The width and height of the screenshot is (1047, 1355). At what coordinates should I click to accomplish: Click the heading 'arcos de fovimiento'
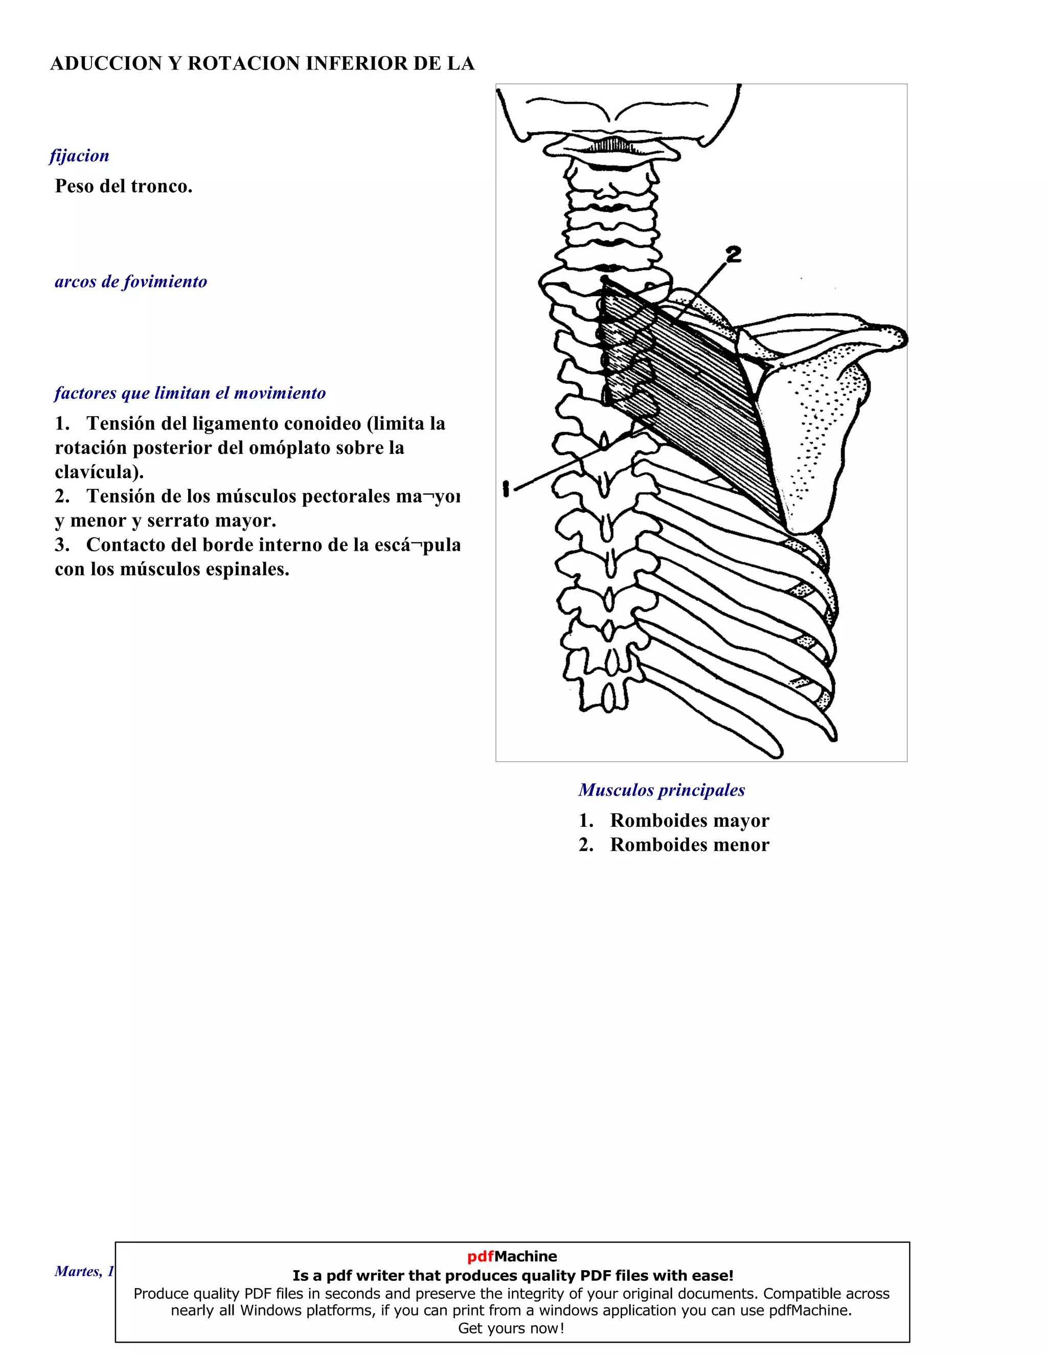(131, 282)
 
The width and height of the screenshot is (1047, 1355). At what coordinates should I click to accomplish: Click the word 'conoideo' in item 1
(323, 423)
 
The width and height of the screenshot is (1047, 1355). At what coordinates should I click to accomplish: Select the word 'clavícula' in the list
(97, 471)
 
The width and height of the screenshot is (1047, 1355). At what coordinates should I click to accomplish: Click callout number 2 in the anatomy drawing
(733, 254)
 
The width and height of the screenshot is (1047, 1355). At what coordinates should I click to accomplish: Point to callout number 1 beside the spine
(507, 489)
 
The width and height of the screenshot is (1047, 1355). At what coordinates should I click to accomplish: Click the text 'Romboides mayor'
(689, 820)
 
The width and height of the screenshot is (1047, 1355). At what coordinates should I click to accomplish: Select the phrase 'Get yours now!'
(512, 1328)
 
